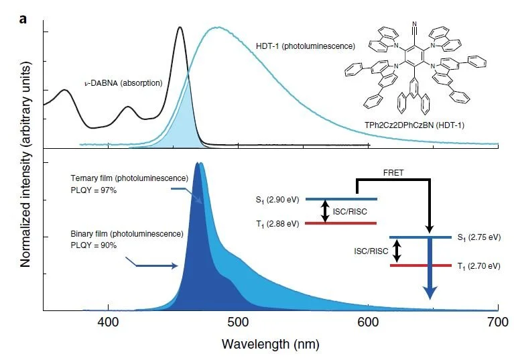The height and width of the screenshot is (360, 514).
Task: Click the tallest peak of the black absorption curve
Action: tap(180, 28)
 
